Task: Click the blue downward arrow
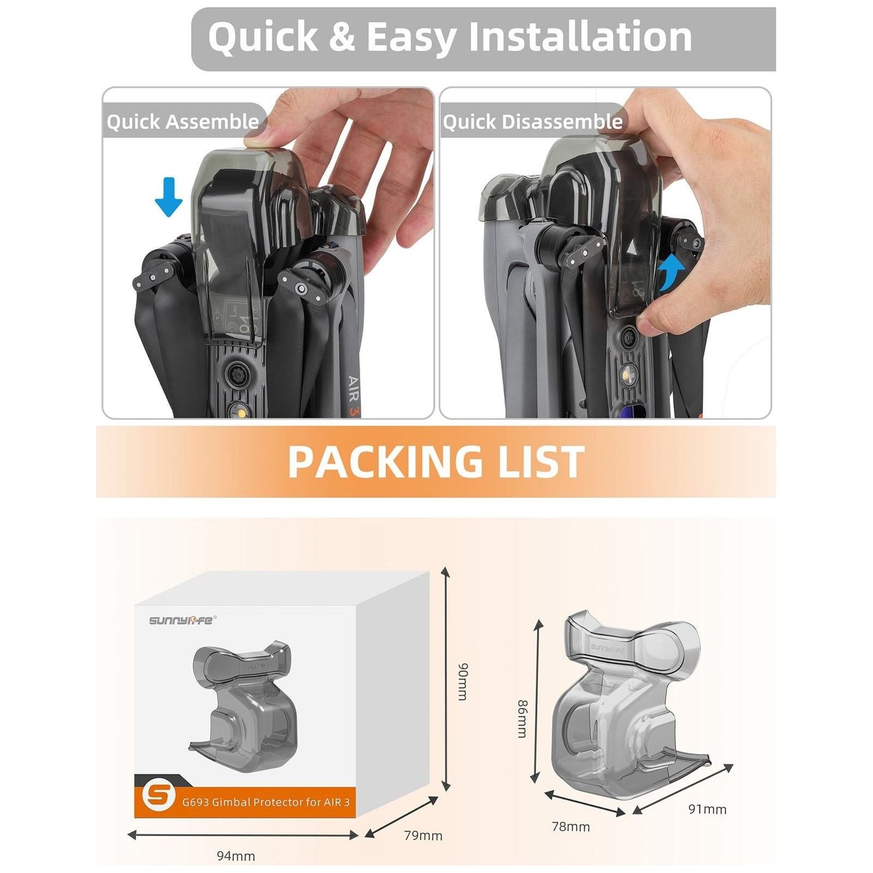169,197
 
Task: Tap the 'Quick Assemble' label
183,122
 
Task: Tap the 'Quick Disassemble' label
533,122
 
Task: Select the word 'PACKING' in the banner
385,462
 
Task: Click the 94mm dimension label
236,856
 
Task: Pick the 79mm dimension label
423,835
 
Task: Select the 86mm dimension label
523,718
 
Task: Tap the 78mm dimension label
570,826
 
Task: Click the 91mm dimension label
707,809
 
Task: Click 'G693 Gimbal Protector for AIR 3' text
266,802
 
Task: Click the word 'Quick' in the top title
262,37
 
